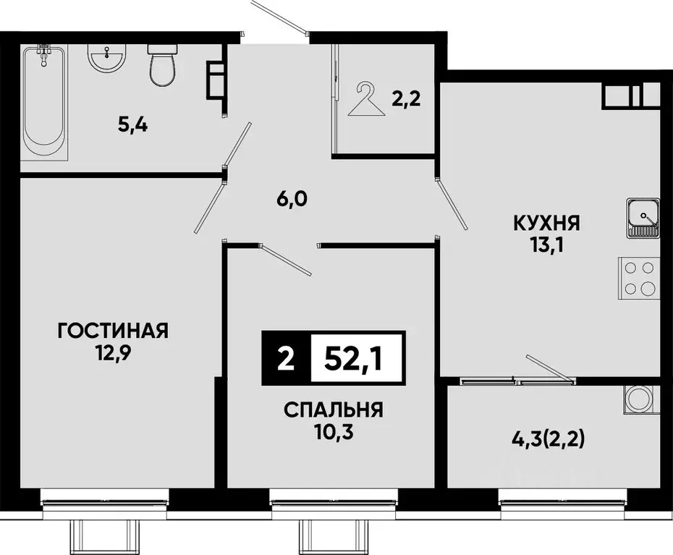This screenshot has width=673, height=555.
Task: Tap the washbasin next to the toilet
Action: coord(108,57)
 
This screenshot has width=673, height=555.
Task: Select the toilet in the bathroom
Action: coord(160,64)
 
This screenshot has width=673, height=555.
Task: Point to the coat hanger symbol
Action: coord(366,99)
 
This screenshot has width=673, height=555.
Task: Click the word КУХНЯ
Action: coord(547,223)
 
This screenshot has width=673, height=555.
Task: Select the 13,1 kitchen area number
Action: coord(547,245)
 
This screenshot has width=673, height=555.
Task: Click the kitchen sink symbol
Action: coord(643,216)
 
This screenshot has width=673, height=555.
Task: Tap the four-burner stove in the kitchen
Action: coord(638,278)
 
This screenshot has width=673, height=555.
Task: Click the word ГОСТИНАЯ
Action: coord(113,331)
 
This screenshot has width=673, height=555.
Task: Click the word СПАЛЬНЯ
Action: coord(333,410)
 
